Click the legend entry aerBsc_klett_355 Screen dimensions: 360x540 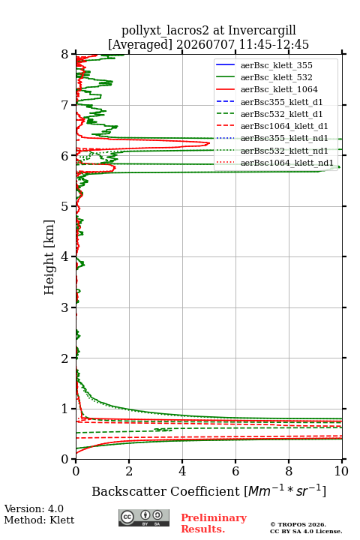click(276, 65)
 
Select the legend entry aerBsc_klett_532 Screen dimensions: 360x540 click(276, 77)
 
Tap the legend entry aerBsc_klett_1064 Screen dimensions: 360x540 click(279, 89)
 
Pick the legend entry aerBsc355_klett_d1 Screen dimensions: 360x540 click(281, 102)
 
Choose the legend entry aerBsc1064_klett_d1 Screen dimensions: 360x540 click(284, 126)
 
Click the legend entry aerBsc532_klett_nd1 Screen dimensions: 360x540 click(284, 151)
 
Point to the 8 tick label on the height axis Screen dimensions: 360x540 click(64, 55)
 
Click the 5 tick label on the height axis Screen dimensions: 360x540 click(64, 207)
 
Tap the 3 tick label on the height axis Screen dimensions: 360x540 click(64, 307)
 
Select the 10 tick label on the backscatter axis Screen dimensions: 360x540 click(341, 471)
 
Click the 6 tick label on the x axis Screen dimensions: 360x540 click(235, 471)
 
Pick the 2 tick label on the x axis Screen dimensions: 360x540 click(129, 471)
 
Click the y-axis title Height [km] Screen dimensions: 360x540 click(49, 257)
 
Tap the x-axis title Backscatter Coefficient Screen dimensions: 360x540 click(166, 491)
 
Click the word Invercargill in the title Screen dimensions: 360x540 click(262, 31)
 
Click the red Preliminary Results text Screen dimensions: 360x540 click(214, 523)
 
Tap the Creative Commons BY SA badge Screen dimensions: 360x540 click(144, 518)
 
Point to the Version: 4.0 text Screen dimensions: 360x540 click(34, 508)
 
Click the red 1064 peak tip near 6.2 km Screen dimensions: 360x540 click(209, 143)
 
